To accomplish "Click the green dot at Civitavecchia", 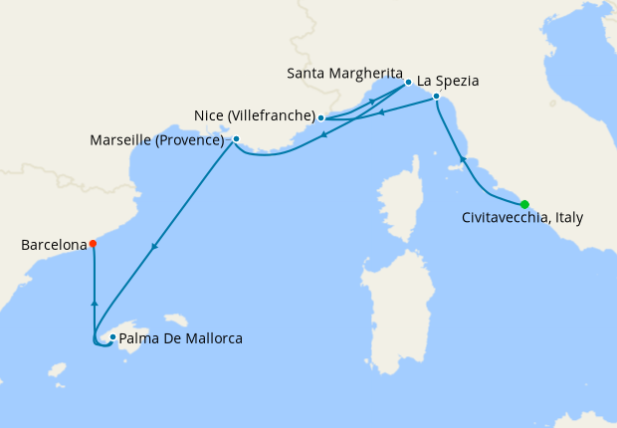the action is [x=524, y=204].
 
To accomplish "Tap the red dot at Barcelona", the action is [x=93, y=243].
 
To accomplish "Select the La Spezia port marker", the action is [x=436, y=96].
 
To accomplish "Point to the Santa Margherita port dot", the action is [x=408, y=82].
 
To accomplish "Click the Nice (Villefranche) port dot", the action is [x=320, y=118].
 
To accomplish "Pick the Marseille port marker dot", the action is [x=236, y=139].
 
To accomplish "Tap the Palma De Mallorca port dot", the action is [x=112, y=337].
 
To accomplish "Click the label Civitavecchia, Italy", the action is [x=522, y=218].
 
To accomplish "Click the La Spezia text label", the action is [x=450, y=80].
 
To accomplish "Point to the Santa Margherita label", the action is [x=343, y=74].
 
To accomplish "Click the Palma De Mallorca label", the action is [x=181, y=338].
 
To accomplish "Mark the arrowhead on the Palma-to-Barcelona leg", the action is [x=94, y=302].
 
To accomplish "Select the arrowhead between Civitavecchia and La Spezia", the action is [x=461, y=159].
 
